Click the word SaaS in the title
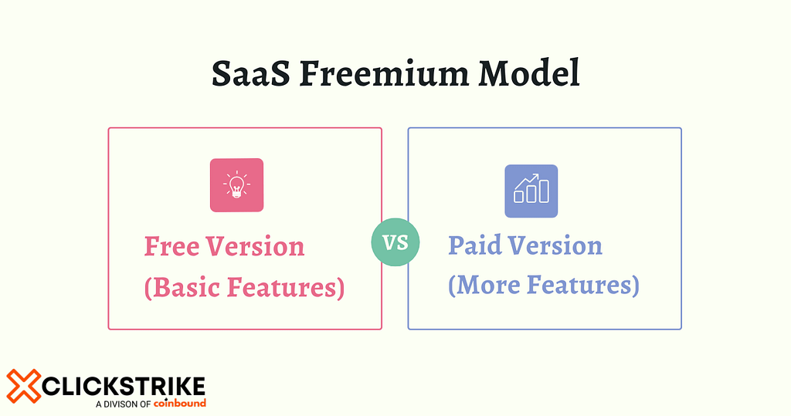tap(250, 75)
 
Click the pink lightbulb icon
tap(236, 185)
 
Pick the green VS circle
tap(395, 243)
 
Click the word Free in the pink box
tap(171, 247)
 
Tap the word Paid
tap(474, 246)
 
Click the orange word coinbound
tap(180, 403)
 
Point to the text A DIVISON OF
tap(123, 404)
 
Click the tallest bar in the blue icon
tap(544, 192)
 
